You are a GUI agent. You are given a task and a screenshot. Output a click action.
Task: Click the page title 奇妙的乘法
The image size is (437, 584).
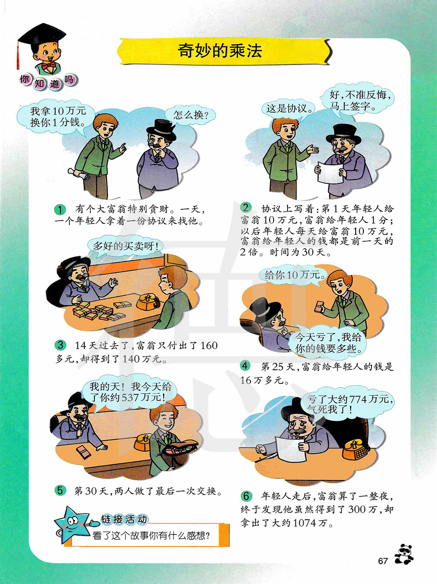tap(220, 51)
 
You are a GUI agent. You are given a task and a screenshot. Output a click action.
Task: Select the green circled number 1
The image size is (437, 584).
tap(60, 210)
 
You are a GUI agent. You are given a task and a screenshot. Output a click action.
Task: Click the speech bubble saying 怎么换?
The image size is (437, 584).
tap(191, 115)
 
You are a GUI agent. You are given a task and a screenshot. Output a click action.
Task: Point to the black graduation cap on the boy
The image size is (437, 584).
tap(42, 36)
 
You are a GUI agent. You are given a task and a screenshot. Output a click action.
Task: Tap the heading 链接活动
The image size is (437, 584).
tap(124, 518)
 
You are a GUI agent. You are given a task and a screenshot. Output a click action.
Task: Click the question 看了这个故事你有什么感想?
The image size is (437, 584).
tap(151, 535)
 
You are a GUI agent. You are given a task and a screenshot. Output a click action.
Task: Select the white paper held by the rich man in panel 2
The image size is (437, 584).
tap(330, 172)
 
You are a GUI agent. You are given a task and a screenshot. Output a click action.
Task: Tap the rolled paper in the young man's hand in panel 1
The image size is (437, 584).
tap(79, 174)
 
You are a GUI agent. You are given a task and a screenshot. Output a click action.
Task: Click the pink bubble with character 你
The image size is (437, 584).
tap(25, 79)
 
